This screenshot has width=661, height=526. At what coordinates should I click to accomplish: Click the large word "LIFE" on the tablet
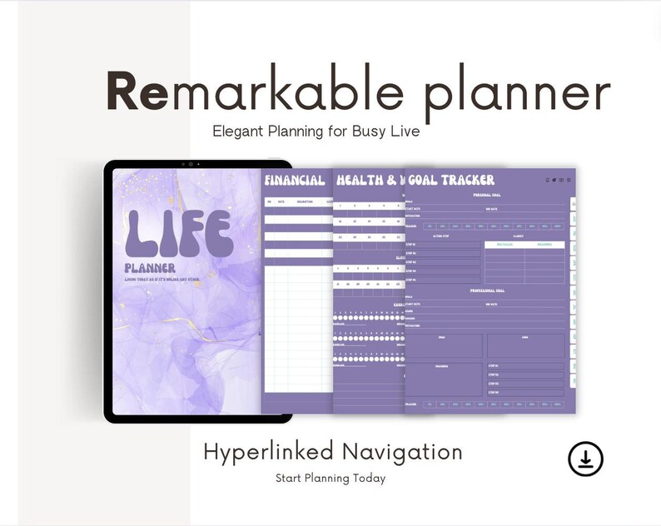tap(179, 232)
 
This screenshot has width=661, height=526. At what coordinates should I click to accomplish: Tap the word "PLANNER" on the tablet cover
tap(150, 268)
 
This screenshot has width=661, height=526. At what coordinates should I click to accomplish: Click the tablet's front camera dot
tap(198, 164)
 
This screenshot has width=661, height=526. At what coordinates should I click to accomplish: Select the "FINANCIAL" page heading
tap(295, 180)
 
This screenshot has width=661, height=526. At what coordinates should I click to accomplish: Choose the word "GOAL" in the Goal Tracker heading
tap(425, 180)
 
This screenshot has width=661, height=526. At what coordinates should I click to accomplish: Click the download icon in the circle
tap(585, 459)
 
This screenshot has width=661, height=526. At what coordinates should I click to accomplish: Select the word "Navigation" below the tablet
tap(401, 453)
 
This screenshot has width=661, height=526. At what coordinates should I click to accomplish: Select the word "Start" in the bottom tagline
tap(289, 479)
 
